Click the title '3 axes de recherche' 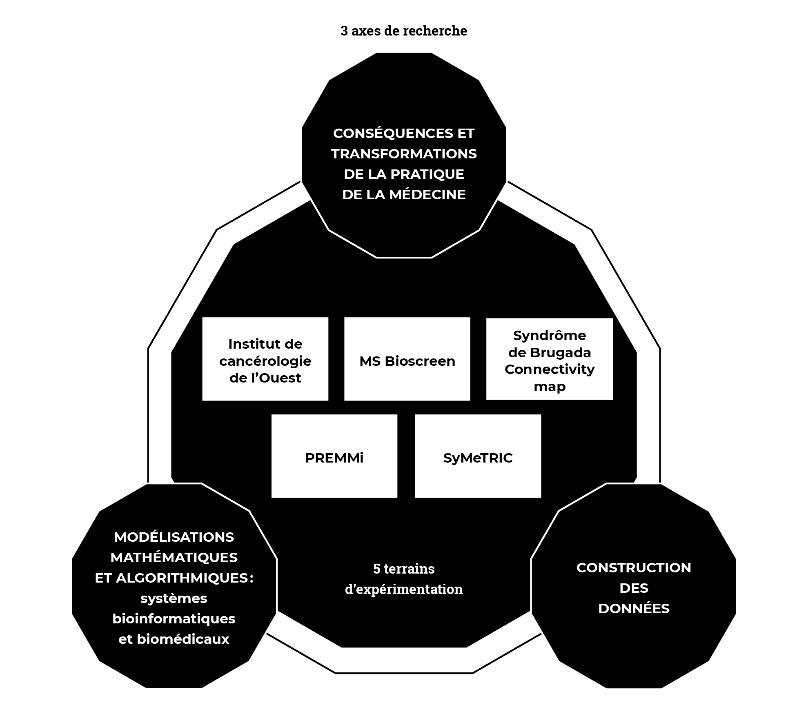click(x=403, y=31)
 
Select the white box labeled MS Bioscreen click(x=407, y=359)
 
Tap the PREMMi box click(x=334, y=456)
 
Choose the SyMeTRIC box click(x=478, y=456)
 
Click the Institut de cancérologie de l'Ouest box click(x=265, y=359)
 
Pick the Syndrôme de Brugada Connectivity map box click(x=550, y=359)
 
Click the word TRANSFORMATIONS click(x=404, y=154)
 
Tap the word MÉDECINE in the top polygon click(x=427, y=194)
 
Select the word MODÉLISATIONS click(x=174, y=537)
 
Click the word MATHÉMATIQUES click(x=174, y=557)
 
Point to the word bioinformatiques click(x=174, y=618)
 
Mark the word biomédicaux click(x=183, y=639)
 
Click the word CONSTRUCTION click(x=634, y=567)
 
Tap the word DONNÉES click(x=634, y=608)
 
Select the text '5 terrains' click(x=404, y=569)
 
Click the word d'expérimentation click(x=404, y=589)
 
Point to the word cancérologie click(x=265, y=361)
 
